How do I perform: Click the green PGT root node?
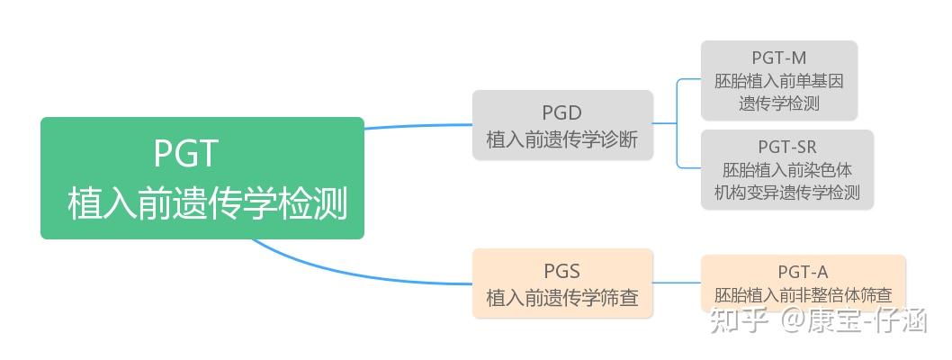(x=202, y=178)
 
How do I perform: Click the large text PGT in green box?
(x=185, y=153)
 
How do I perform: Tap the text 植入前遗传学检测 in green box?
(x=207, y=203)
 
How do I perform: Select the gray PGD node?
(x=562, y=125)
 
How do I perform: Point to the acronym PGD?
(x=562, y=112)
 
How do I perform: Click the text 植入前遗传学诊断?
(x=562, y=139)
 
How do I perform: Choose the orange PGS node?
(x=562, y=283)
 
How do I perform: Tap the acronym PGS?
(x=562, y=271)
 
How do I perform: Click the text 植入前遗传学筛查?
(x=562, y=297)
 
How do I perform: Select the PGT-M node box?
(x=779, y=81)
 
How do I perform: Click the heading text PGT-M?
(x=779, y=59)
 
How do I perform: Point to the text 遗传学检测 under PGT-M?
(x=779, y=103)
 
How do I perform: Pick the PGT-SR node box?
(x=787, y=170)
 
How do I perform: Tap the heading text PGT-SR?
(x=787, y=147)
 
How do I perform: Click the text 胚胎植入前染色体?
(x=787, y=169)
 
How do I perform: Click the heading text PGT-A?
(x=803, y=272)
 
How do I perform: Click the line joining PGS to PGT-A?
(x=677, y=283)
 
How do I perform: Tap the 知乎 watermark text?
(x=738, y=319)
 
